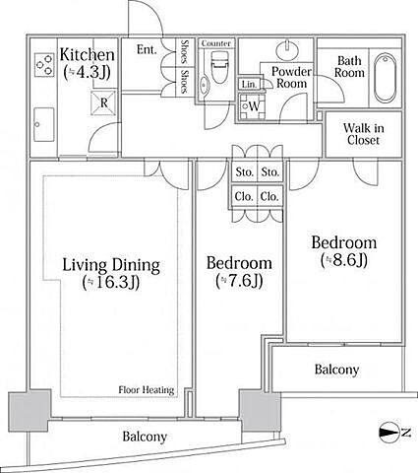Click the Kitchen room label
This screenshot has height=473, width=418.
pyautogui.click(x=88, y=54)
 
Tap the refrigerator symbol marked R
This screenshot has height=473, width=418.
pyautogui.click(x=103, y=102)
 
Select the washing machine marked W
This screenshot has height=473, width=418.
pyautogui.click(x=252, y=106)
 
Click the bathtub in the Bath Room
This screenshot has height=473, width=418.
pyautogui.click(x=385, y=78)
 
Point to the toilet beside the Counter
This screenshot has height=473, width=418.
pyautogui.click(x=218, y=67)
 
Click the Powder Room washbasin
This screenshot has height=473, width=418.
pyautogui.click(x=287, y=49)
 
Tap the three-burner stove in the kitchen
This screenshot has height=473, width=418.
pyautogui.click(x=44, y=65)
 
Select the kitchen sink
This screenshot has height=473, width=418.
pyautogui.click(x=44, y=124)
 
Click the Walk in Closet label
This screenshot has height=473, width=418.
pyautogui.click(x=363, y=134)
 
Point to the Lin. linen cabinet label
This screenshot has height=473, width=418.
pyautogui.click(x=249, y=85)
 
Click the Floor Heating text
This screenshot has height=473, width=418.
pyautogui.click(x=147, y=390)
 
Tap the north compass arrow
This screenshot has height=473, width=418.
pyautogui.click(x=389, y=433)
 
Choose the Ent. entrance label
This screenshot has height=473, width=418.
pyautogui.click(x=147, y=49)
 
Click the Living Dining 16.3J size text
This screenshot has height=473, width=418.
pyautogui.click(x=111, y=282)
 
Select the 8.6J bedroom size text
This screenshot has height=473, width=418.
pyautogui.click(x=343, y=260)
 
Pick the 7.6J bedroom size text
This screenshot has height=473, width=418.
pyautogui.click(x=239, y=281)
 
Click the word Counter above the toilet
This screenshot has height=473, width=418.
pyautogui.click(x=216, y=43)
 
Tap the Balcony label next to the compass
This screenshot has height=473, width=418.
pyautogui.click(x=336, y=370)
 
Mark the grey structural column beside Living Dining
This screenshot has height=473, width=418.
pyautogui.click(x=30, y=411)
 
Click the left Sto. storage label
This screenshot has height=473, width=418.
pyautogui.click(x=245, y=171)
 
